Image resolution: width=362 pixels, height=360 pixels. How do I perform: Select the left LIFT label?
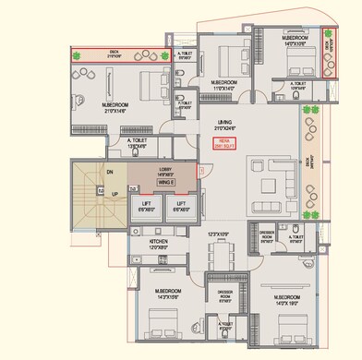146,206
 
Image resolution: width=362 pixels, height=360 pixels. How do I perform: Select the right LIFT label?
181,206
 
